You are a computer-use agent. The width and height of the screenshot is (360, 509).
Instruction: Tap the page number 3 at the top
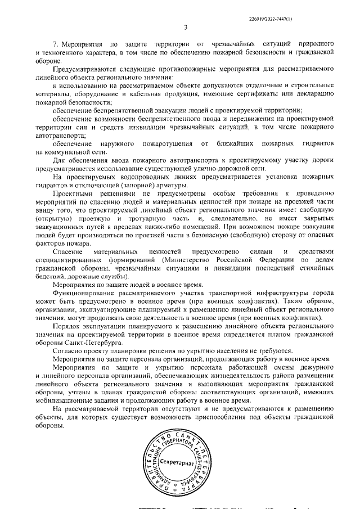[x=185, y=26]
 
